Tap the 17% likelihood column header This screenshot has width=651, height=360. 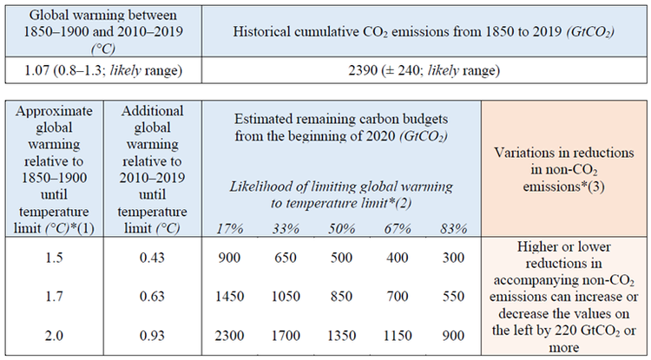tap(230, 227)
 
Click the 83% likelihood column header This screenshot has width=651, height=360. tap(451, 227)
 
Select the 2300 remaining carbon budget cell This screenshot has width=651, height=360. tap(230, 333)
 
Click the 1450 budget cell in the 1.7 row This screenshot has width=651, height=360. tap(230, 295)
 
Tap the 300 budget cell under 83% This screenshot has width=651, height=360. tap(451, 258)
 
